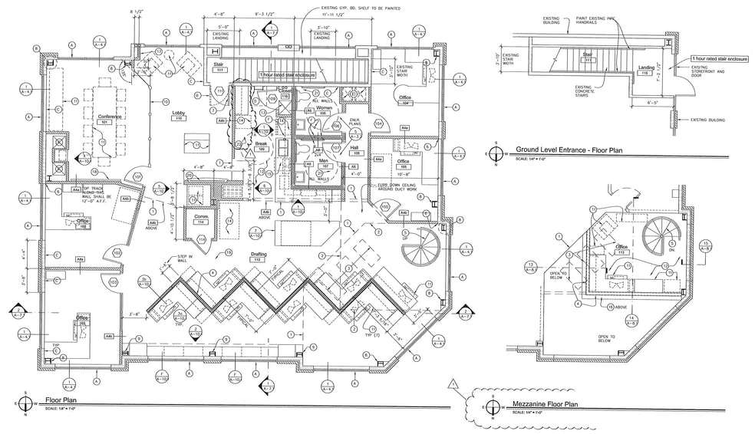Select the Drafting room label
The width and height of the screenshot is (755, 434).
(259, 255)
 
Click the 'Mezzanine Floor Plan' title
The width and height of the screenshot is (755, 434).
(544, 403)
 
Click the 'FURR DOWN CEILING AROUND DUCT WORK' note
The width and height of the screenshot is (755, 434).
(397, 188)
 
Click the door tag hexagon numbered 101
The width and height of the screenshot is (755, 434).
(138, 176)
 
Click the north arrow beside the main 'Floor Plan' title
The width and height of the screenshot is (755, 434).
(26, 403)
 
